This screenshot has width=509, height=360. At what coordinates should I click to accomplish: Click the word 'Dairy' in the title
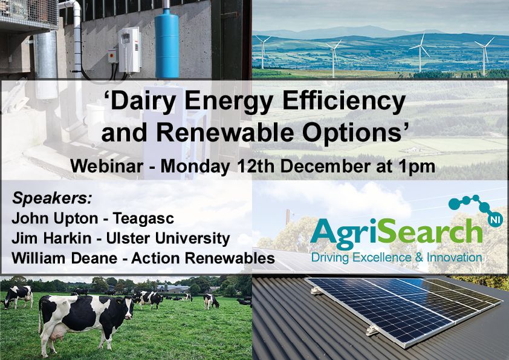pyautogui.click(x=141, y=102)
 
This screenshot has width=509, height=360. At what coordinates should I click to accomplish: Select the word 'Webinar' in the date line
pyautogui.click(x=107, y=166)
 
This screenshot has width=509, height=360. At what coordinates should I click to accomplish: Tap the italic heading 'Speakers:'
pyautogui.click(x=52, y=198)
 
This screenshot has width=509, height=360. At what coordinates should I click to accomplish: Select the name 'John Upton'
pyautogui.click(x=54, y=218)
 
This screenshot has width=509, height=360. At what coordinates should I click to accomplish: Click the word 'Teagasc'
pyautogui.click(x=143, y=219)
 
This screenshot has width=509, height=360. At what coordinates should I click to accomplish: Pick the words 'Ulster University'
pyautogui.click(x=168, y=239)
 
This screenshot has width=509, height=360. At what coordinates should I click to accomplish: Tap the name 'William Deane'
pyautogui.click(x=64, y=258)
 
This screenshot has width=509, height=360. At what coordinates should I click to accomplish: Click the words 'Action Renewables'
pyautogui.click(x=203, y=258)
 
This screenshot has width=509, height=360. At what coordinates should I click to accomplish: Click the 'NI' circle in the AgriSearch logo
pyautogui.click(x=495, y=220)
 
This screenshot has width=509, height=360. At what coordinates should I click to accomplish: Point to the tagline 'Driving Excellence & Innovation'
pyautogui.click(x=397, y=258)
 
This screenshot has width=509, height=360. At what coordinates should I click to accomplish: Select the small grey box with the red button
pyautogui.click(x=112, y=56)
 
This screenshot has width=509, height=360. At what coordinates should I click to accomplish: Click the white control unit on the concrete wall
pyautogui.click(x=129, y=50)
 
